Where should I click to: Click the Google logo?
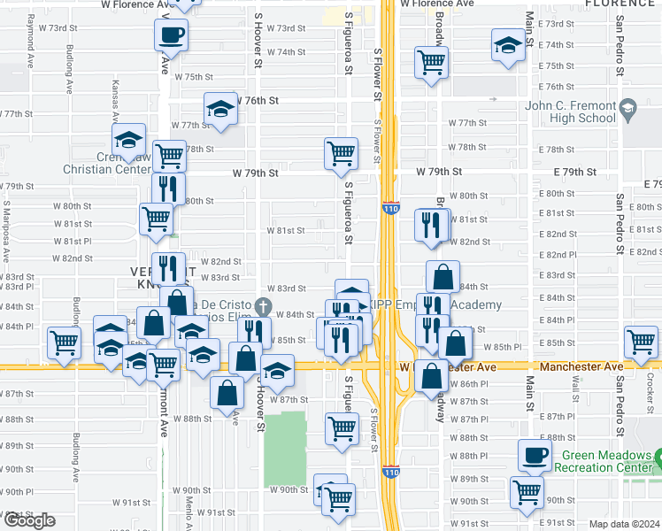pos(29,520)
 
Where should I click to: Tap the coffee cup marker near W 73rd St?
pos(171,35)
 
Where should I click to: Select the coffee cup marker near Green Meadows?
pos(535,455)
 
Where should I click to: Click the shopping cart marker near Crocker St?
pos(641,342)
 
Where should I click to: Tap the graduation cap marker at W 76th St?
pos(220,109)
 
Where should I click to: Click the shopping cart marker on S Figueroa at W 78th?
pos(341,153)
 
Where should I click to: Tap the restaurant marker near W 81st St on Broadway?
pos(432,224)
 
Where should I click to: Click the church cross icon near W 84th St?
pos(262,306)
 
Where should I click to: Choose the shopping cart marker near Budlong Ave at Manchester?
pos(65,342)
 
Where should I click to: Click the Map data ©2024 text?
pos(624,523)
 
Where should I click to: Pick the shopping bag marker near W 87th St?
pos(227,391)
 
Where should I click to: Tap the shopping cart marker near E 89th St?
pos(527,490)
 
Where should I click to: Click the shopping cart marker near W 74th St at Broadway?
pos(431,62)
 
